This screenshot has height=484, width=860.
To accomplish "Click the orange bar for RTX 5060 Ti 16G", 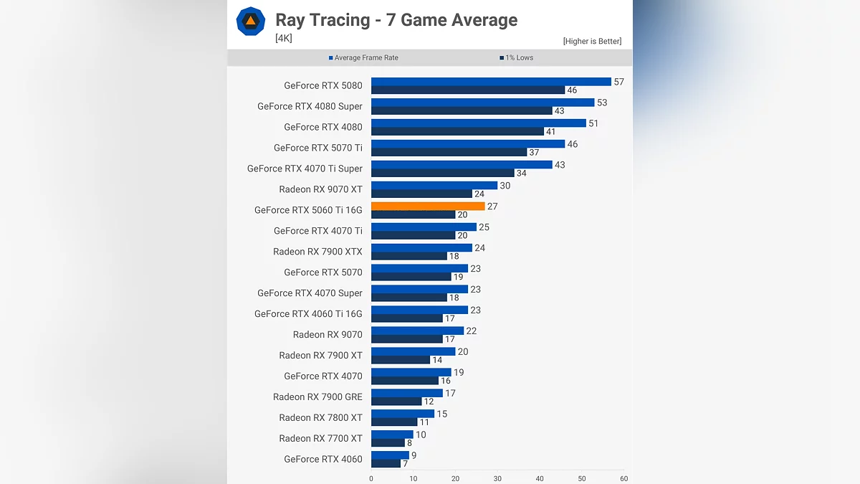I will [x=428, y=206].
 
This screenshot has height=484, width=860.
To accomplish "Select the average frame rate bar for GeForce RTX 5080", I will [x=491, y=82].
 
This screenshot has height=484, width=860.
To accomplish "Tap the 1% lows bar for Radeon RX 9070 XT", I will [x=421, y=194].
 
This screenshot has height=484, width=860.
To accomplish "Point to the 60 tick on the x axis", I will [x=623, y=478].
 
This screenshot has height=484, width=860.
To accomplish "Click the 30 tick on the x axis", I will [x=497, y=478].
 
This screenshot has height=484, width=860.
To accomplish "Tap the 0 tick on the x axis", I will [x=371, y=478].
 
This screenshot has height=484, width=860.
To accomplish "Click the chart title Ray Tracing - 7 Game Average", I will [x=396, y=19].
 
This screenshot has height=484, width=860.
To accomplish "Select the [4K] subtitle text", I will [x=284, y=39].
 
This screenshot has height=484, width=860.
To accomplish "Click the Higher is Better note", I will [x=592, y=42].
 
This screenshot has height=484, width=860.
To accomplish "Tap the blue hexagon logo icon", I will [x=250, y=22].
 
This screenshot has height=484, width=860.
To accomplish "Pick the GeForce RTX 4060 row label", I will [x=323, y=459].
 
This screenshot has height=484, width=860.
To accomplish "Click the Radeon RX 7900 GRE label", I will [x=317, y=397].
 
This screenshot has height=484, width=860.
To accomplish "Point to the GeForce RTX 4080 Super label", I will [x=310, y=106].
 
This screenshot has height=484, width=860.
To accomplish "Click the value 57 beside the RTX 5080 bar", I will [x=619, y=82].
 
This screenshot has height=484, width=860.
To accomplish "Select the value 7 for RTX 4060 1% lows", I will [x=405, y=464].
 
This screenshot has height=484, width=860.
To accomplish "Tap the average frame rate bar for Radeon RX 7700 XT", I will [x=392, y=434].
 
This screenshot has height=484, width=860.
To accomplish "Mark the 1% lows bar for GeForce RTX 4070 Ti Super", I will [x=443, y=173].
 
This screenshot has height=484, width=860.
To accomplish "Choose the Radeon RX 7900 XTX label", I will [x=317, y=252].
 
